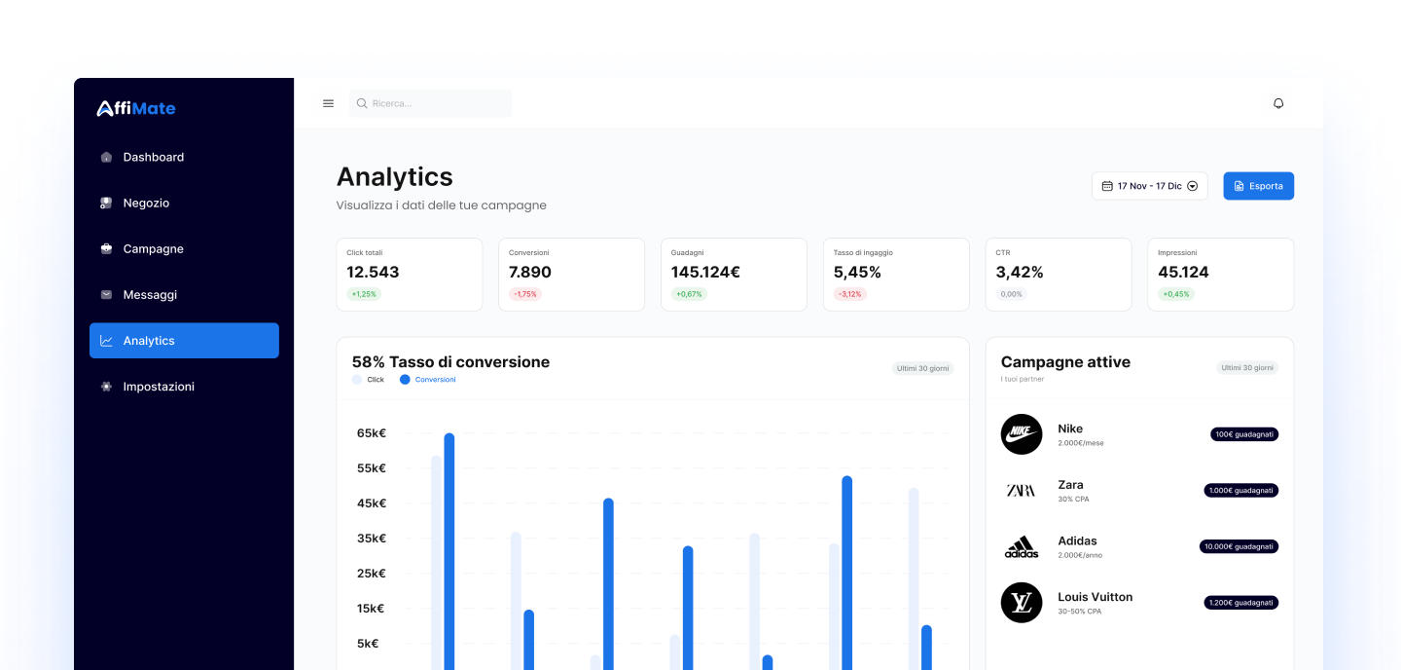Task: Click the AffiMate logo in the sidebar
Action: [136, 108]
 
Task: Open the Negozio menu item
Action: [146, 203]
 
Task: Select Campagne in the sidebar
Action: [153, 248]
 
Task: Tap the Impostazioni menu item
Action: [158, 387]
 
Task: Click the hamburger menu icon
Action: [328, 103]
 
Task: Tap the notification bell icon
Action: [1278, 103]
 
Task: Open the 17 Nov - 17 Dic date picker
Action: [1149, 186]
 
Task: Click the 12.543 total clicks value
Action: [373, 272]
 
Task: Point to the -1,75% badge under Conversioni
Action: [525, 294]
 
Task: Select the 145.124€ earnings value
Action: [705, 272]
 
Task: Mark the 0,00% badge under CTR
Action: [1011, 294]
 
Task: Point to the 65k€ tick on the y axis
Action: [372, 433]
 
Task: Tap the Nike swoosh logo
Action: [1021, 433]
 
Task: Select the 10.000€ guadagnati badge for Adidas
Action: [1239, 546]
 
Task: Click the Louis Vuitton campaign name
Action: [1095, 597]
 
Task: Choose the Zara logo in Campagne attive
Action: [1021, 490]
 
